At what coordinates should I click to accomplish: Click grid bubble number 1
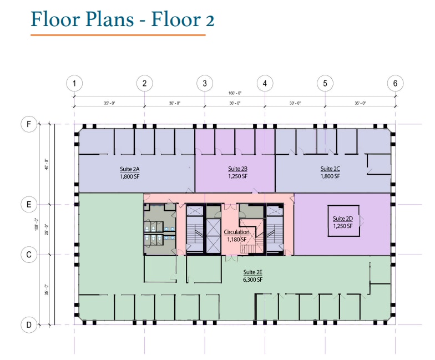[x=74, y=84]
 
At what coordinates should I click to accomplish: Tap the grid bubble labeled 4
[x=265, y=84]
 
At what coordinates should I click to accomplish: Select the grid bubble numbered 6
[x=395, y=84]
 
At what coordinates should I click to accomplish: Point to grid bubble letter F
[x=29, y=124]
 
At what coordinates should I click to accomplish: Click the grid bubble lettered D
[x=29, y=324]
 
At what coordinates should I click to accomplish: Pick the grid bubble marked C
[x=29, y=255]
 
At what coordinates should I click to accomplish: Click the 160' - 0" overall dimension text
[x=235, y=93]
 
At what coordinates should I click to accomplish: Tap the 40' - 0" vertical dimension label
[x=47, y=164]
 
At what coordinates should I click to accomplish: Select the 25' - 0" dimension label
[x=47, y=229]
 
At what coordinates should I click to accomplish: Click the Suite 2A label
[x=129, y=169]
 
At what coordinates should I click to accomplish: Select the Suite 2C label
[x=330, y=169]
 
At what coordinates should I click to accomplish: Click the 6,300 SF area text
[x=252, y=280]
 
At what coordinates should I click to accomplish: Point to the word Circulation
[x=237, y=232]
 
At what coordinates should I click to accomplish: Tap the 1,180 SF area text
[x=237, y=240]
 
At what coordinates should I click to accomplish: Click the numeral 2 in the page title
[x=209, y=19]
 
